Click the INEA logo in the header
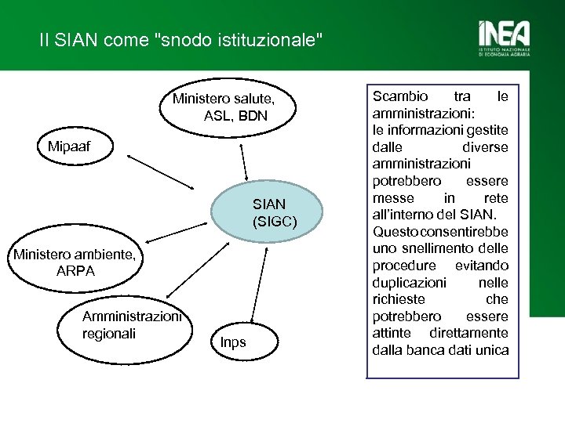pyautogui.click(x=504, y=39)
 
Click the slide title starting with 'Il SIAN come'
pyautogui.click(x=181, y=40)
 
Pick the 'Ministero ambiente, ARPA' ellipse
pyautogui.click(x=75, y=262)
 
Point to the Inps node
pyautogui.click(x=233, y=342)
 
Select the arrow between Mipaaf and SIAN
pyautogui.click(x=161, y=172)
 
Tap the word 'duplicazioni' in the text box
pyautogui.click(x=409, y=282)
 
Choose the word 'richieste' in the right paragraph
pyautogui.click(x=399, y=299)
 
